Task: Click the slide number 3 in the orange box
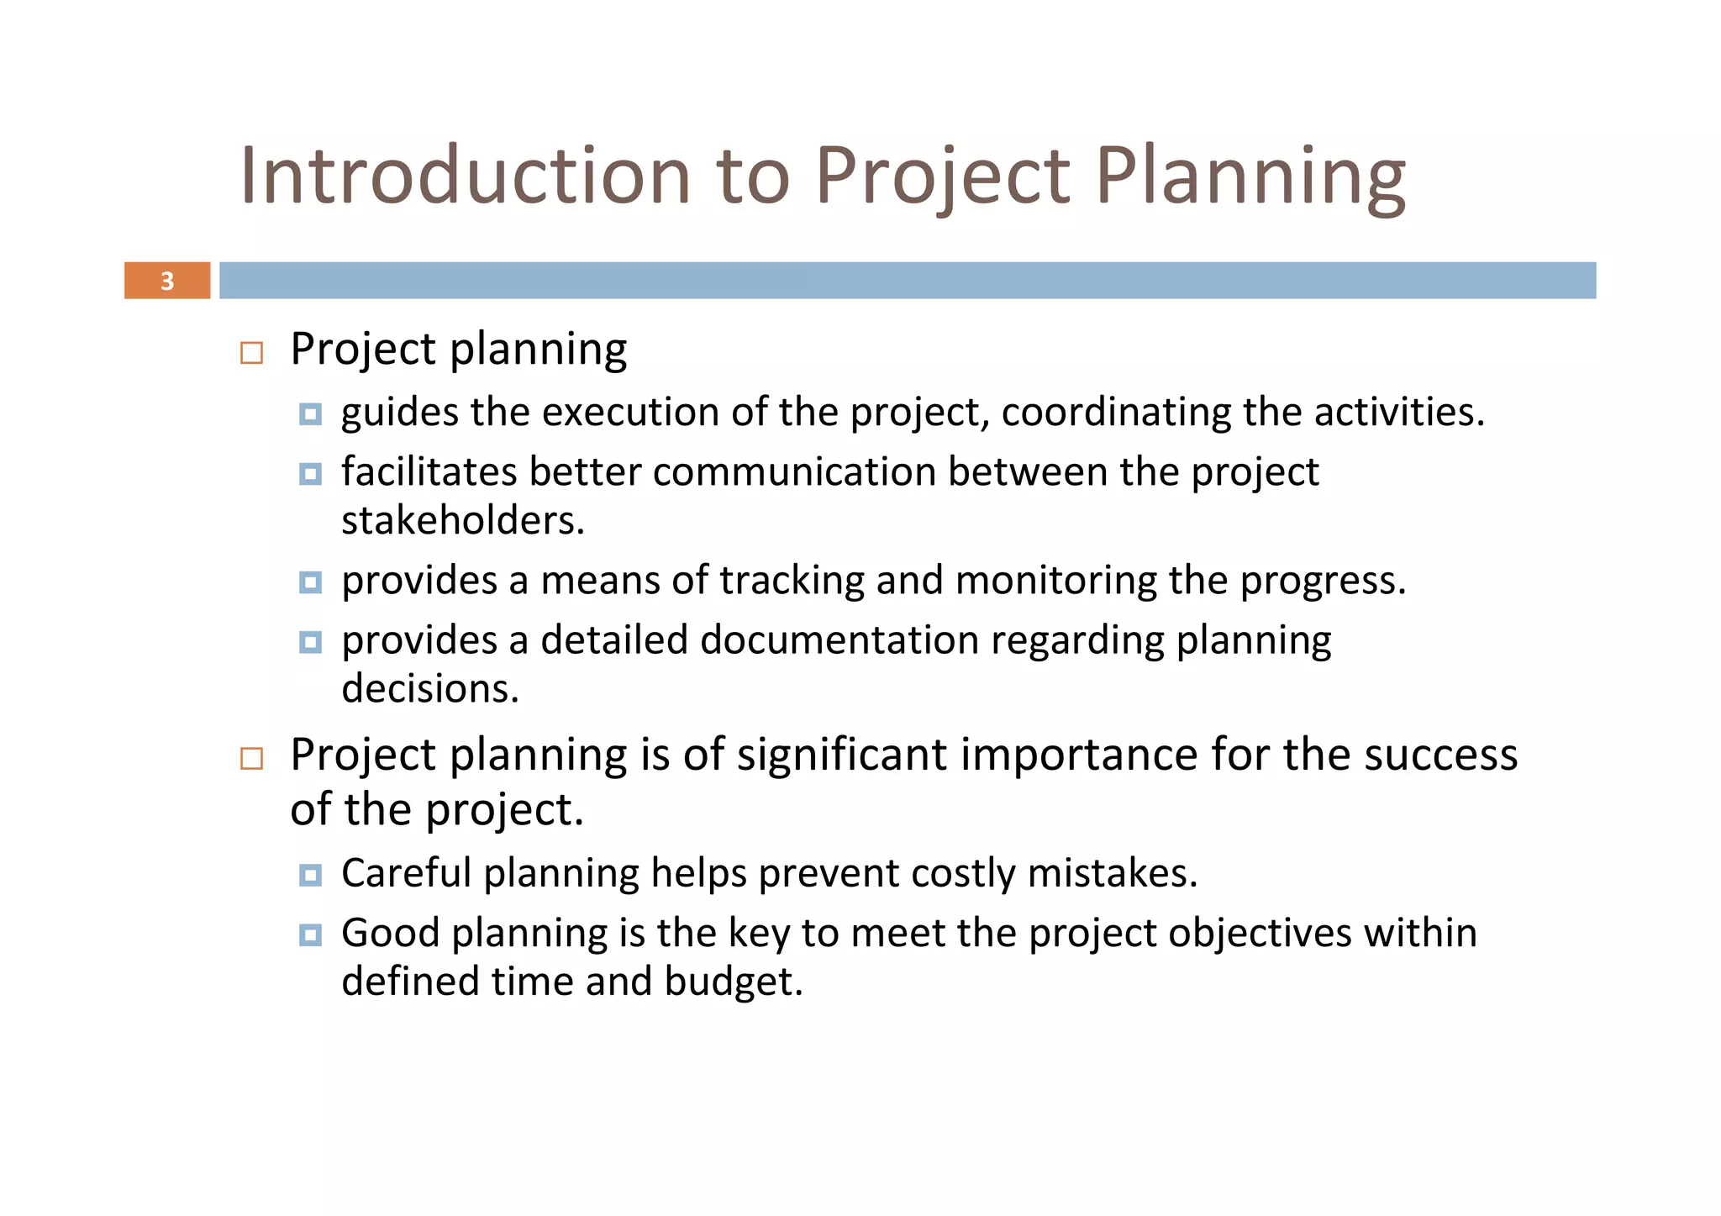pos(167,281)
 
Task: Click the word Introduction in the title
pos(465,176)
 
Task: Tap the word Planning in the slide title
pos(1250,176)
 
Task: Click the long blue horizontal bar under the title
pos(908,281)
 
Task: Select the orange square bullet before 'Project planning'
pos(251,353)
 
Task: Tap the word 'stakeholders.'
pos(463,521)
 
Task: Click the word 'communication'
pos(794,472)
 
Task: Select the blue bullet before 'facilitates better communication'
pos(310,474)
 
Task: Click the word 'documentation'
pos(839,640)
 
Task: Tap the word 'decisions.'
pos(430,689)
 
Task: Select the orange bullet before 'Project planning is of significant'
pos(251,759)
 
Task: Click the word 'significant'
pos(842,755)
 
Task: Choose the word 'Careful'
pos(406,873)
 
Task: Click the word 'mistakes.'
pos(1112,873)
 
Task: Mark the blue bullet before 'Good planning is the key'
pos(310,935)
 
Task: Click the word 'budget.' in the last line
pos(733,982)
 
